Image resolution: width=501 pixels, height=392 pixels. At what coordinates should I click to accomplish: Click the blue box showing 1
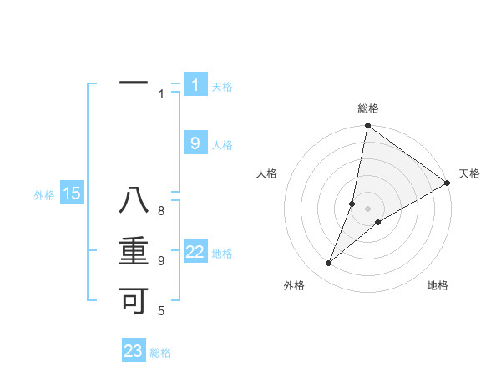coord(195,84)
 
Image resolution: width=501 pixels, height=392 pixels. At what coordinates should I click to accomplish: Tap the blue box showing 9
coord(195,143)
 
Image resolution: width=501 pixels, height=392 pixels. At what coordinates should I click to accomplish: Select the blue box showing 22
coord(195,252)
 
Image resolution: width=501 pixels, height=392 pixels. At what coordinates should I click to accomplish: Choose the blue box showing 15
coord(71,194)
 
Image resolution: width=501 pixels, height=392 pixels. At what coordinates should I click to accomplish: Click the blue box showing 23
coord(134,351)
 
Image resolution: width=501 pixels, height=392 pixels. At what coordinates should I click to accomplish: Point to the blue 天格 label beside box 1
coord(222,87)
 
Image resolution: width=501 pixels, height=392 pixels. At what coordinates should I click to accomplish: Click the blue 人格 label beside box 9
coord(222,145)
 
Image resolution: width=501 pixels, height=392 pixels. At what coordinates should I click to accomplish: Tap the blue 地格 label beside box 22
coord(222,254)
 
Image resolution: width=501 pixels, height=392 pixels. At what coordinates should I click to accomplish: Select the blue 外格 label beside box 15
coord(44,196)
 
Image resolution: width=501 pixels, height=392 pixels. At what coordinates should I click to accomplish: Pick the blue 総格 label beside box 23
coord(160,353)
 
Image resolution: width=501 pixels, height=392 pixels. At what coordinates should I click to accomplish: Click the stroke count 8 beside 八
coord(160,210)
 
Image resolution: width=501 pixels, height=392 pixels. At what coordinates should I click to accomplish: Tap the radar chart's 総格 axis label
coord(368,108)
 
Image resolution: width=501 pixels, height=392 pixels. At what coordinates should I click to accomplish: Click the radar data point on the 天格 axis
coord(447,183)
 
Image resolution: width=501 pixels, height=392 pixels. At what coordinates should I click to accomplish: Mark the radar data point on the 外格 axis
coord(329,264)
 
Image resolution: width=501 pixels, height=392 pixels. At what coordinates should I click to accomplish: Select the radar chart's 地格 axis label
coord(438,286)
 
